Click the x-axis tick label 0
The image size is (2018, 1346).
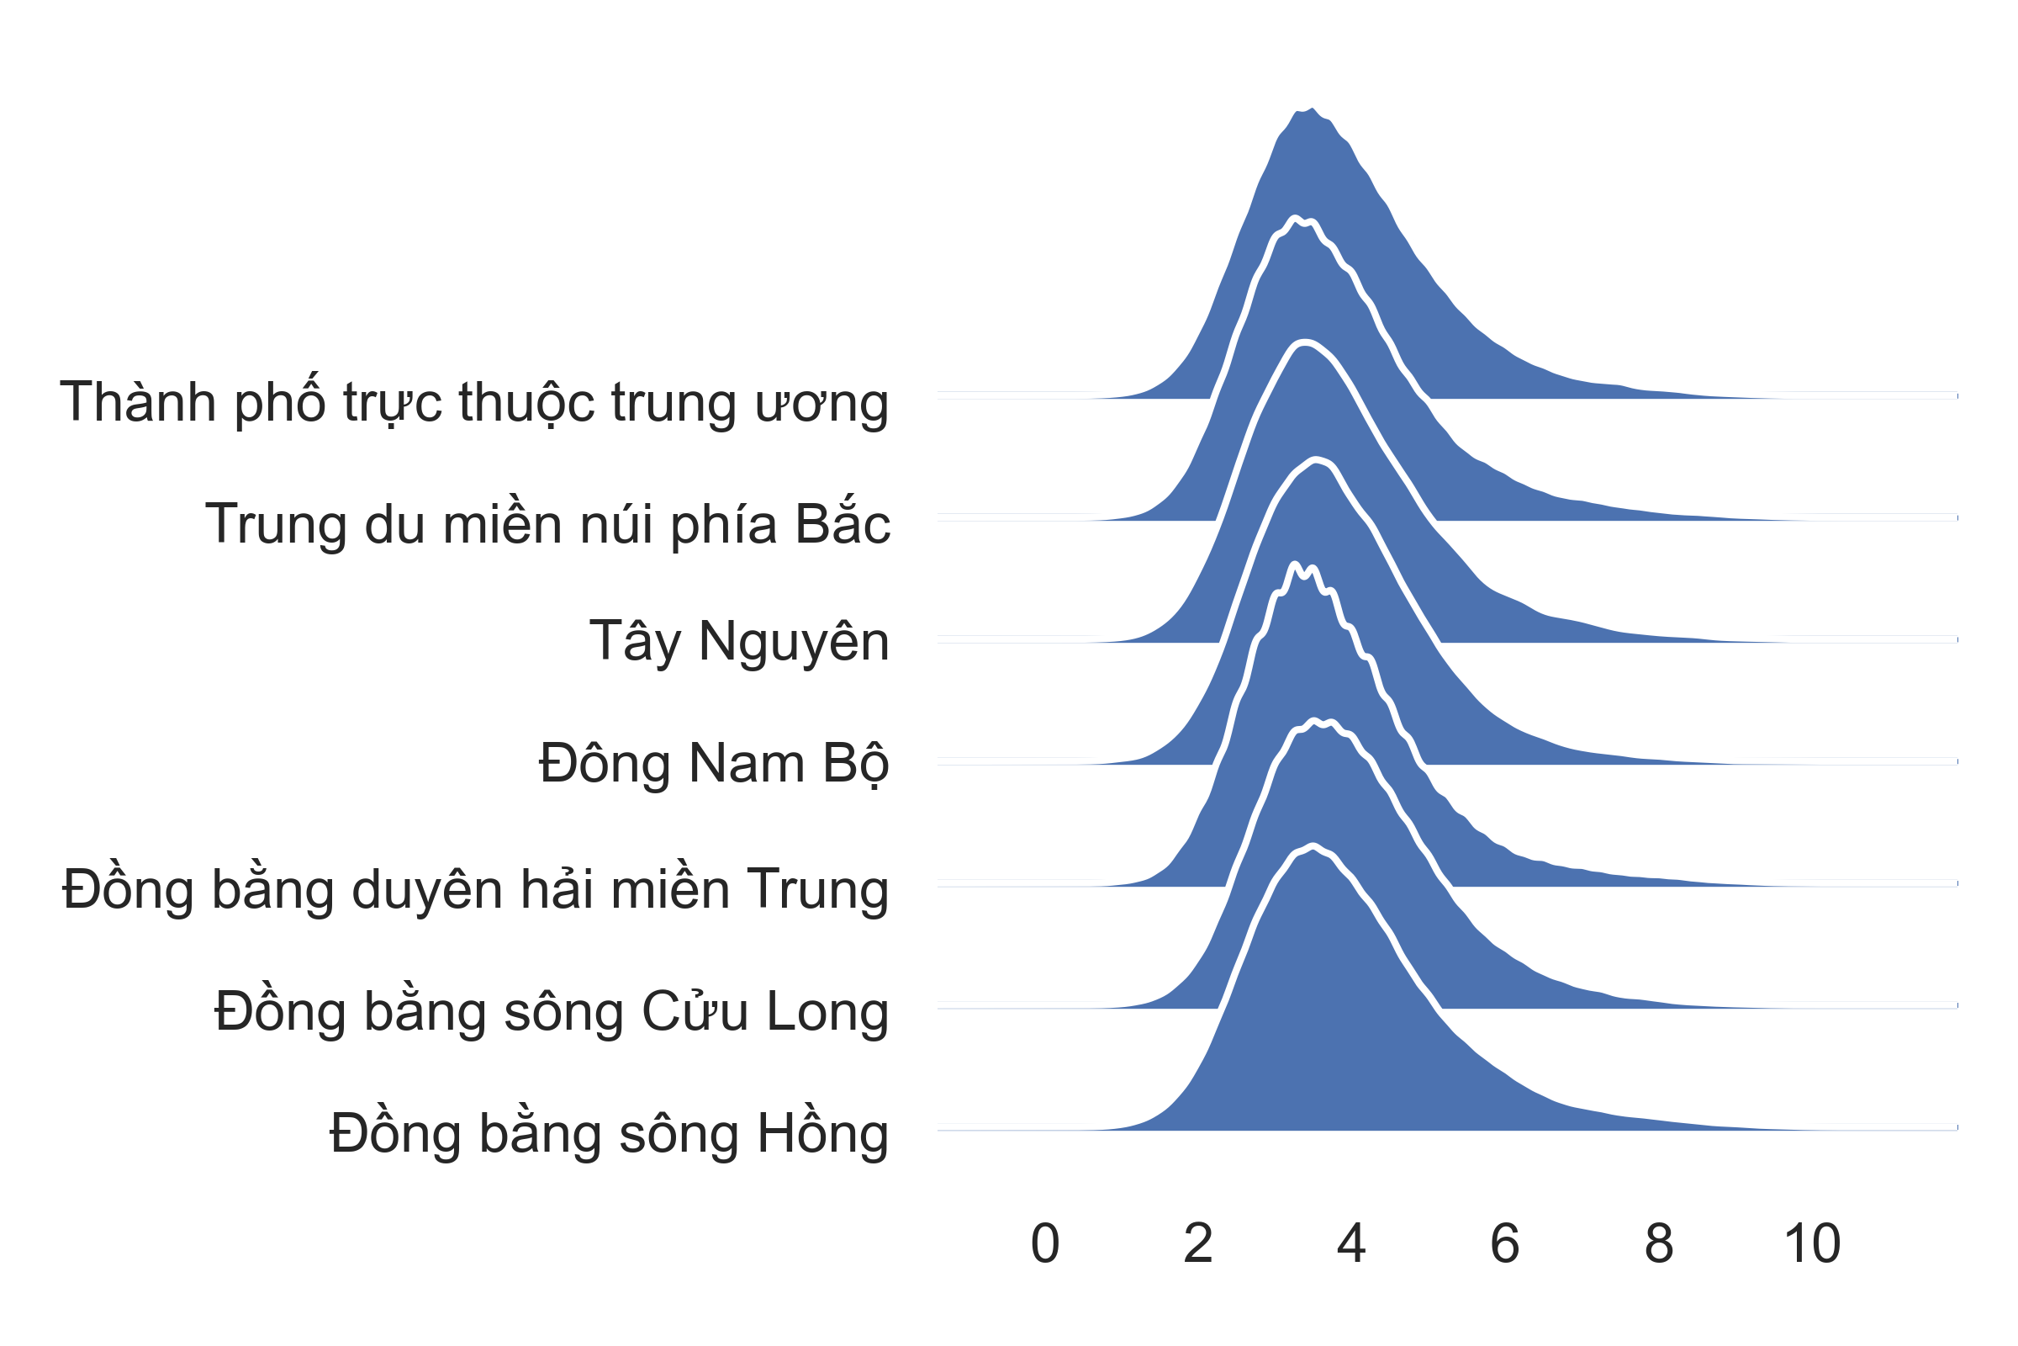1045,1243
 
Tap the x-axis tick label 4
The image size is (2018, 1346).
1351,1243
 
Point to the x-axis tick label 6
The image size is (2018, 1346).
1505,1243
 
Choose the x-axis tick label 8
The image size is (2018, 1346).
1658,1243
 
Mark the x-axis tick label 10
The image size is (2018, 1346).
1812,1243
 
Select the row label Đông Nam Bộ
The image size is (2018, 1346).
714,763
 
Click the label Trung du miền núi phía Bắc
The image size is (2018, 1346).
547,522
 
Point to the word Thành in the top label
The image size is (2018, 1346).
137,401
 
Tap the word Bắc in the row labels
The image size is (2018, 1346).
843,522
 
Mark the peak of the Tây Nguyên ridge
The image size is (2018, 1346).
1305,342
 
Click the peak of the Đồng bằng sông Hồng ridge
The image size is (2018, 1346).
1313,845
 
